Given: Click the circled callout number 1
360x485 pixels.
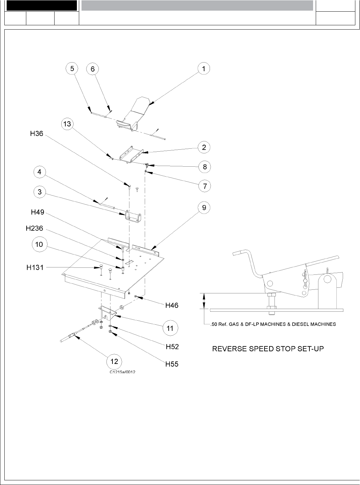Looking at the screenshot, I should [204, 69].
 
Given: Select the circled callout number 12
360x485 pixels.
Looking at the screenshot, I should [114, 362].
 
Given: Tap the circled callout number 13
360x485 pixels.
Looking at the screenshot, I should [67, 124].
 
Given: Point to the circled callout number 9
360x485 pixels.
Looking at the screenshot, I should [204, 208].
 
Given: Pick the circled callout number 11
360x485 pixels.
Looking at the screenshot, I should [170, 328].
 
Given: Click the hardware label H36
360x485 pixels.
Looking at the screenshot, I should [37, 134].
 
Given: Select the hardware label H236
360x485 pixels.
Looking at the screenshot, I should [34, 229].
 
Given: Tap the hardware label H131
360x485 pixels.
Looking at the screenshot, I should [35, 267].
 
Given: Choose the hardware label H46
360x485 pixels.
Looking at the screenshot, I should [172, 305].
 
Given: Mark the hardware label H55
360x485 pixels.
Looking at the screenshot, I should [172, 364].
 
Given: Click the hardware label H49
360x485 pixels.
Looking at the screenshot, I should [38, 212].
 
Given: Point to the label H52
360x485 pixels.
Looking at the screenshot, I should [172, 347].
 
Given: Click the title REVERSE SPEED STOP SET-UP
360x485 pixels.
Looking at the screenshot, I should [268, 349].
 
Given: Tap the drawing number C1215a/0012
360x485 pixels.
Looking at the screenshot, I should [122, 372].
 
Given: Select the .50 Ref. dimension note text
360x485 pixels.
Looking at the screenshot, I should [273, 324].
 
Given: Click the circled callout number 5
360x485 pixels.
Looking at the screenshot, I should [72, 69].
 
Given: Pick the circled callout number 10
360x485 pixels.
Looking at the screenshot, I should [39, 244].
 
